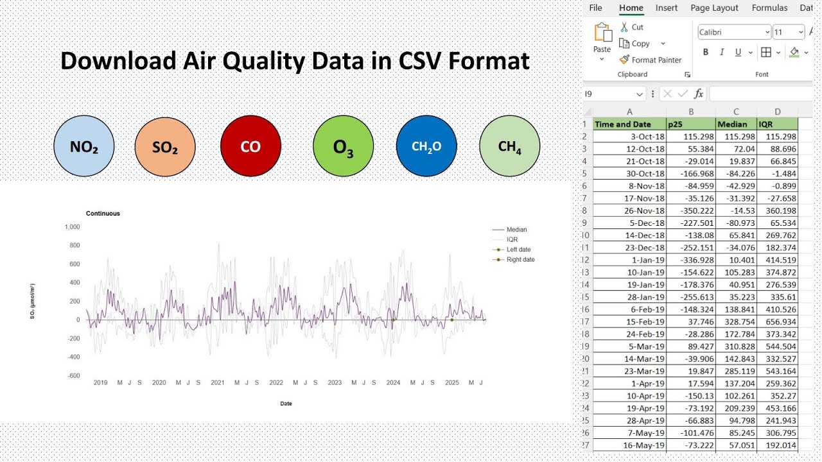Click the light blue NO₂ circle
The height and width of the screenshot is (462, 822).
(x=84, y=146)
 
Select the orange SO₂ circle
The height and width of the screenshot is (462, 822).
(x=165, y=146)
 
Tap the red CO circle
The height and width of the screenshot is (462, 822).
(x=250, y=146)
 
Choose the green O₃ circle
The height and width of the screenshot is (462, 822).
(x=343, y=147)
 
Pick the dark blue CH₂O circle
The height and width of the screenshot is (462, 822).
(x=426, y=146)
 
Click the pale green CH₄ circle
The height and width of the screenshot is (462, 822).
(x=510, y=146)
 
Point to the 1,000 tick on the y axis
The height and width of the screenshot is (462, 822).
(x=72, y=227)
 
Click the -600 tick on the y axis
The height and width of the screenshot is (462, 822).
(x=73, y=376)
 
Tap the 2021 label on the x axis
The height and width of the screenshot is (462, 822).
(x=218, y=383)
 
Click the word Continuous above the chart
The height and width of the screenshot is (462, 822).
(x=103, y=214)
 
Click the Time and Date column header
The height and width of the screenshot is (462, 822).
(x=622, y=124)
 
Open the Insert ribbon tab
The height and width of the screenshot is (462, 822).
(x=667, y=8)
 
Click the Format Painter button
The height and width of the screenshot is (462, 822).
(x=651, y=60)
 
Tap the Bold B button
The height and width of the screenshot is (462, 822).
(x=706, y=53)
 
